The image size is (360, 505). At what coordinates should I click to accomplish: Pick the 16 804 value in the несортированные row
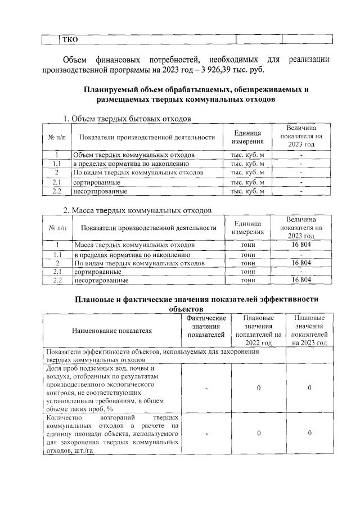[x=301, y=279]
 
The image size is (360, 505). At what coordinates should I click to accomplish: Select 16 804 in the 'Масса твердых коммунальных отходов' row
[x=301, y=245]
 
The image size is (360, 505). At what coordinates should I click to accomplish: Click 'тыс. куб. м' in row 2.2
[x=247, y=191]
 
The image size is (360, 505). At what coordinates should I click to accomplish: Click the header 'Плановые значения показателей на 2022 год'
[x=258, y=330]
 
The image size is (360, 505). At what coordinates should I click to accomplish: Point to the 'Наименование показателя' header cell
[x=111, y=331]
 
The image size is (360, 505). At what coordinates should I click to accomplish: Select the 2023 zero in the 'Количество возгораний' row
[x=309, y=433]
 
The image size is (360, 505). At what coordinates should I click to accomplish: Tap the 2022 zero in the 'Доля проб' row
[x=258, y=388]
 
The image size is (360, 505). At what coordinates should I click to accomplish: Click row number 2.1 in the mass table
[x=56, y=271]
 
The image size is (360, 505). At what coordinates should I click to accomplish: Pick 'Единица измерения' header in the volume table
[x=247, y=137]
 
